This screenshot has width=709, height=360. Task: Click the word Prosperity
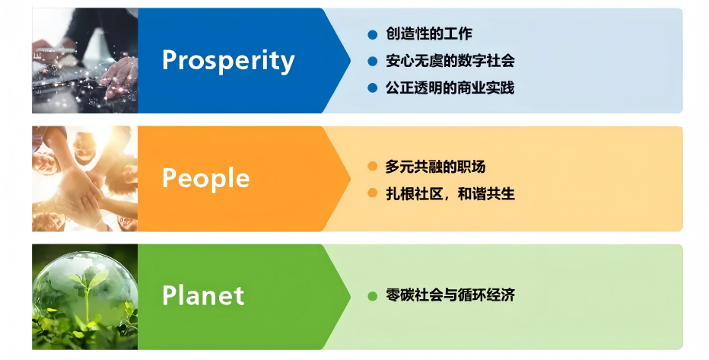coord(228,61)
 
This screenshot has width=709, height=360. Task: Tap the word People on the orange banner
coord(205,179)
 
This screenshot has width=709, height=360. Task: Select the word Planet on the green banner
coord(203,295)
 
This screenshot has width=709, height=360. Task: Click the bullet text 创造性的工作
coord(428,34)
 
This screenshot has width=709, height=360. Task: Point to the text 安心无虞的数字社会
coord(450,61)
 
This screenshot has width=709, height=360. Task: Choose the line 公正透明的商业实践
coord(450,88)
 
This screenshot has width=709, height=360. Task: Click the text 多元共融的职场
coord(435,167)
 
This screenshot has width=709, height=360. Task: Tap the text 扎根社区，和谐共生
coord(450,193)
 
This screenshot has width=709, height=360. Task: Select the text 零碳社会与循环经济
coord(450,295)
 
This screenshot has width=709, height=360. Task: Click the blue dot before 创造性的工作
coord(373,34)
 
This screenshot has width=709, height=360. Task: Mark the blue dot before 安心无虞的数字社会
coord(373,61)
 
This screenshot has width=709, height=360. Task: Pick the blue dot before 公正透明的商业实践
coord(373,88)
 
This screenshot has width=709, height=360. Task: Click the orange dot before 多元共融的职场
coord(373,167)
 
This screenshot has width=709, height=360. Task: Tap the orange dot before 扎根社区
coord(373,193)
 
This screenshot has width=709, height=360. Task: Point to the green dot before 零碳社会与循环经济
coord(373,296)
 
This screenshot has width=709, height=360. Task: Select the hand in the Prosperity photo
coord(120,75)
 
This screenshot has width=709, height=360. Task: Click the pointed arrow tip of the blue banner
coord(351,61)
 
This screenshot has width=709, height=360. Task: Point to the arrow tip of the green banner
coord(351,297)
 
